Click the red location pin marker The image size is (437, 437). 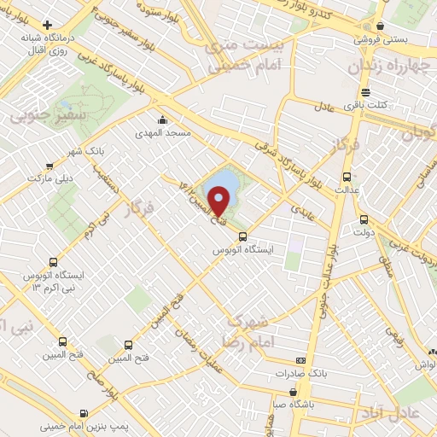pos(219,201)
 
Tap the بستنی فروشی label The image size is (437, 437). pos(379,40)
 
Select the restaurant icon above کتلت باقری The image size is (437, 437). pos(365,92)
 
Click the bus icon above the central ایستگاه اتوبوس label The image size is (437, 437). pos(242,236)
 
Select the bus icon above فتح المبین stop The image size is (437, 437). pos(129,345)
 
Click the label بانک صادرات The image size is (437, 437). pos(302,373)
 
